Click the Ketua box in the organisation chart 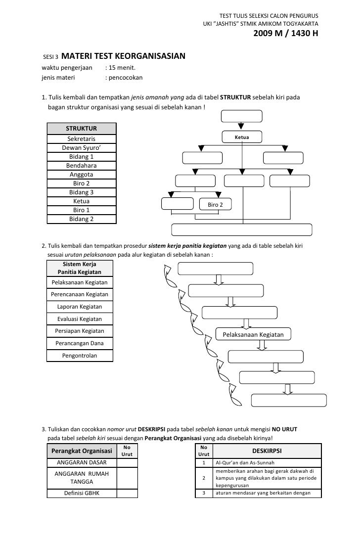(241, 137)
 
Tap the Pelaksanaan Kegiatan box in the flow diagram (254, 335)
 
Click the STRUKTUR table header (82, 129)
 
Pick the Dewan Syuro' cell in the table (82, 148)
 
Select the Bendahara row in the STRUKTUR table (82, 166)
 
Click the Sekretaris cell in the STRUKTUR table (82, 139)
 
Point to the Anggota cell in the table (82, 175)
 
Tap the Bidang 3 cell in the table (82, 192)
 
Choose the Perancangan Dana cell (80, 343)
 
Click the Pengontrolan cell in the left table (80, 355)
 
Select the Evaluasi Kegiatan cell (80, 319)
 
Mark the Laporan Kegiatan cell (80, 307)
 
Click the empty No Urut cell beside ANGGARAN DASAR (127, 462)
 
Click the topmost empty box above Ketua (241, 116)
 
